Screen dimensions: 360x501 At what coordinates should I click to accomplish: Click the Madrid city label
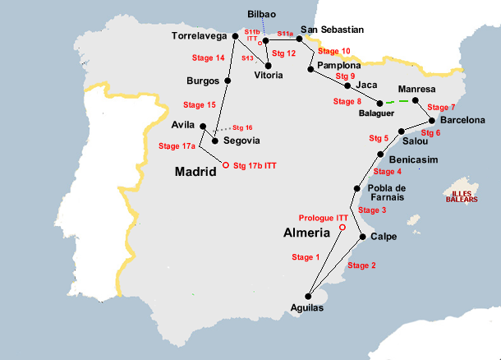[195, 172]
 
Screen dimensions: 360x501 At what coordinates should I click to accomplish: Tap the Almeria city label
[307, 233]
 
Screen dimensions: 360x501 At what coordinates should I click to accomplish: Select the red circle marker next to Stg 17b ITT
[226, 164]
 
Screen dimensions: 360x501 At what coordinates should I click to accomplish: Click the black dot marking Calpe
[362, 238]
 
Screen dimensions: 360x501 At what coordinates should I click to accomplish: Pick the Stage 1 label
[306, 257]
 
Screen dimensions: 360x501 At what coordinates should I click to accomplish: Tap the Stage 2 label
[361, 265]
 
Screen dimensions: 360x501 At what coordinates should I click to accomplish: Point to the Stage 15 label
[199, 105]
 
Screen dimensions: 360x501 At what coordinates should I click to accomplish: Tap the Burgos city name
[203, 81]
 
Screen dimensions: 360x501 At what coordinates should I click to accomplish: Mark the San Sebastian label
[331, 30]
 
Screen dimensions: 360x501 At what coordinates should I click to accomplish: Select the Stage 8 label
[347, 102]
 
